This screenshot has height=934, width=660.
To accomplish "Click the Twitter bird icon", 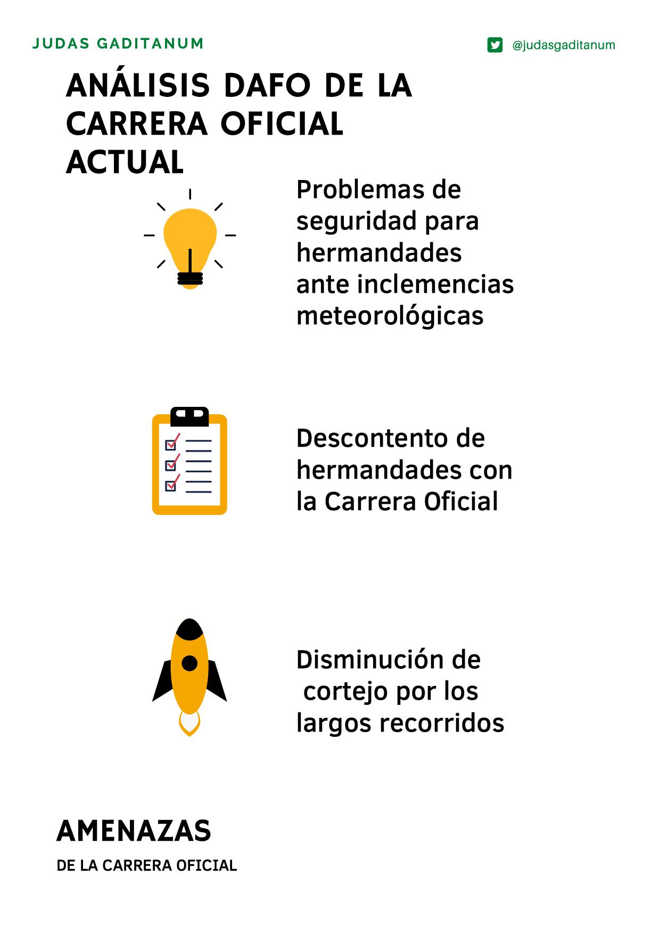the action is [495, 45].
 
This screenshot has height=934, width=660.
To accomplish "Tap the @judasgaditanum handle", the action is [563, 45].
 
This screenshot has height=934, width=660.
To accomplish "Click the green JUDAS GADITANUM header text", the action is [118, 43].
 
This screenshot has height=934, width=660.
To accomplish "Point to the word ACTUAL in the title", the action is [125, 162].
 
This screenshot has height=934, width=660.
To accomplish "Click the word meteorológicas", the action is [390, 315].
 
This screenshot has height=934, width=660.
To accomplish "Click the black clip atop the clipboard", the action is [189, 416].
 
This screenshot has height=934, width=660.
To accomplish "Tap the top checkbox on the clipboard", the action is [171, 444].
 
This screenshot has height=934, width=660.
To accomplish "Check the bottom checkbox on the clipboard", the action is [171, 486].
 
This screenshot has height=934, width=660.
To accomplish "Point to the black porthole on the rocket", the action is [189, 663].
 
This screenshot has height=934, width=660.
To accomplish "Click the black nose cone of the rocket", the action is [189, 628].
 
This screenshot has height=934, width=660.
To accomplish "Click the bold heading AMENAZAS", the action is [134, 831].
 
